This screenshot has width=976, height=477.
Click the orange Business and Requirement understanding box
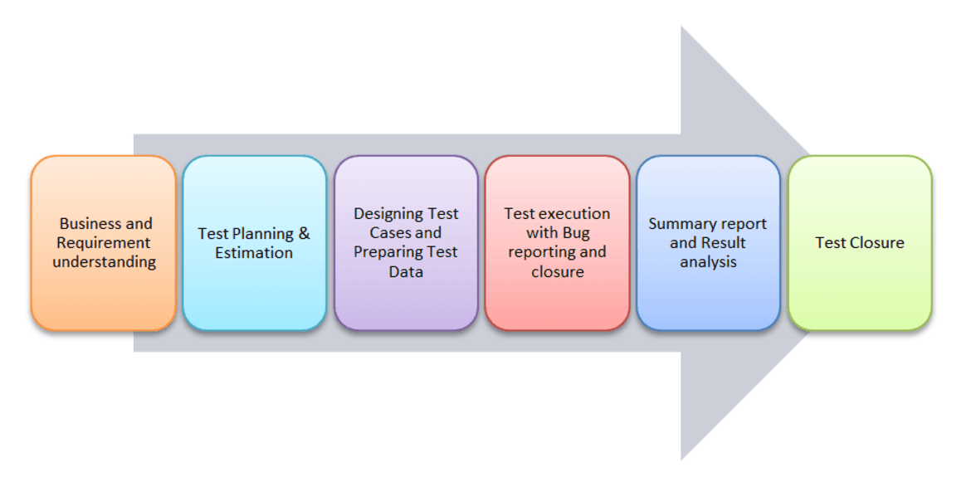103,242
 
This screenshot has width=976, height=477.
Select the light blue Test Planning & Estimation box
254,242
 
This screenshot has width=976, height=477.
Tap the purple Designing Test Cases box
406,242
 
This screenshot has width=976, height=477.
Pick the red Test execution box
557,242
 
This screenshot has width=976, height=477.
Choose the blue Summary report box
709,242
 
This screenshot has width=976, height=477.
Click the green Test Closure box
860,242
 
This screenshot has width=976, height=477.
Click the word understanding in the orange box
104,262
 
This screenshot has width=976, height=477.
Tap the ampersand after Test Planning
304,233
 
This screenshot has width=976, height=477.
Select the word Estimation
254,252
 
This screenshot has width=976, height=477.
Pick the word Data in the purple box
406,271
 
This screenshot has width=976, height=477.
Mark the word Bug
577,233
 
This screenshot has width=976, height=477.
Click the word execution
573,214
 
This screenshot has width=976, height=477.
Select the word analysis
709,262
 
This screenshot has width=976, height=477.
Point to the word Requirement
104,243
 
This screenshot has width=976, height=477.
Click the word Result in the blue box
723,242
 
